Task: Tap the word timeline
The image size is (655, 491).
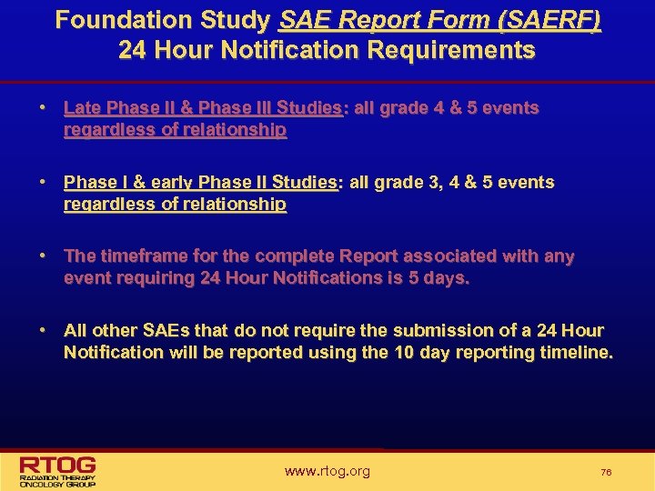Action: [577, 353]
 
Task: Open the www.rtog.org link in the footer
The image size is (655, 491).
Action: [327, 471]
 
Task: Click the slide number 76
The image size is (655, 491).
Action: [606, 473]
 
